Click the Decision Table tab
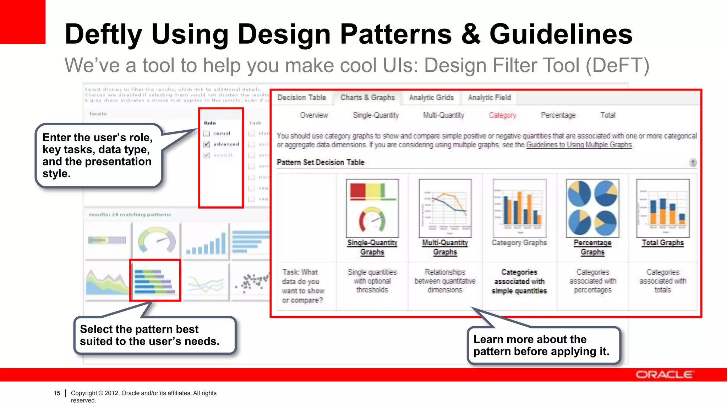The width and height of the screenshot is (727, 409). [301, 98]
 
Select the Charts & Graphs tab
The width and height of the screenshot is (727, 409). [367, 98]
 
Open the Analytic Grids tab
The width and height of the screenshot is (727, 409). [431, 98]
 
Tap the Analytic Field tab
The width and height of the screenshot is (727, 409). [489, 98]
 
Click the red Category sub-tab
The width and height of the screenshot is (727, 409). [502, 115]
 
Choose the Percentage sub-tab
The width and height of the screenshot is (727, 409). [558, 115]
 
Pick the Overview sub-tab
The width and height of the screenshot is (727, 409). [314, 115]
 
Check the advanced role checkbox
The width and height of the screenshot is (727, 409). [207, 144]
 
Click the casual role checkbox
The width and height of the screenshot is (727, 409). [207, 133]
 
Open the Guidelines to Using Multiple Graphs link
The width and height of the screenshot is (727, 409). [579, 145]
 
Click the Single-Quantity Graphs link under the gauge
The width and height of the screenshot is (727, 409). [372, 247]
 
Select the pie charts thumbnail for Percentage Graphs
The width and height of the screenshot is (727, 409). [592, 208]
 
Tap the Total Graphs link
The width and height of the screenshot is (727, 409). [662, 243]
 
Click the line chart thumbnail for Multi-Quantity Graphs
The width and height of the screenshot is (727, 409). [445, 208]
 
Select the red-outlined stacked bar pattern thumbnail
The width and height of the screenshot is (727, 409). [155, 280]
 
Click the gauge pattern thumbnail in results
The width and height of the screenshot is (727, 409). [156, 240]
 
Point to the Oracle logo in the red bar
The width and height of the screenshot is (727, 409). [663, 375]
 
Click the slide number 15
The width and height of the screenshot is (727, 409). [57, 393]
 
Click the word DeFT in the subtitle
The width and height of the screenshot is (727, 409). [617, 65]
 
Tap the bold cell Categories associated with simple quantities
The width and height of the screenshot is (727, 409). [519, 282]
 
